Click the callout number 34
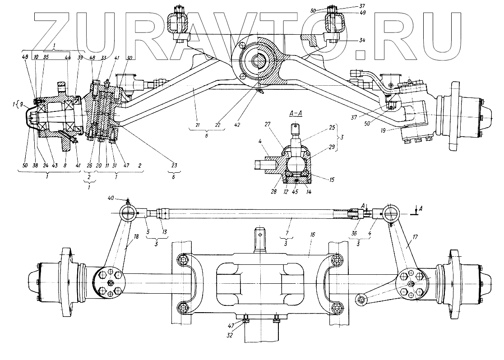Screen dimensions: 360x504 [362, 40]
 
